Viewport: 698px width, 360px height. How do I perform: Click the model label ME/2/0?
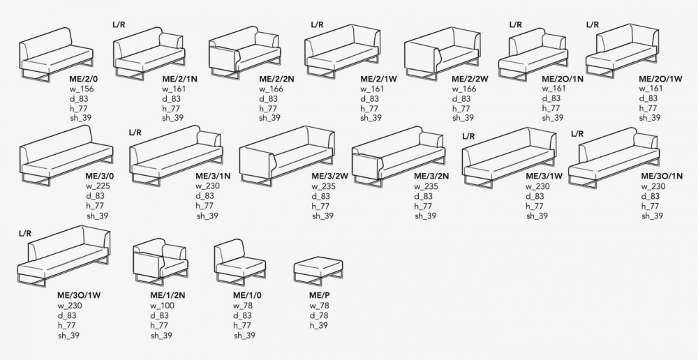[83, 80]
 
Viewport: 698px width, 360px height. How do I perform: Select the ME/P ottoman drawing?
[318, 271]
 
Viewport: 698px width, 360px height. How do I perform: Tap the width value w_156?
[82, 89]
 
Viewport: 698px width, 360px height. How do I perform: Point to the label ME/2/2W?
[470, 80]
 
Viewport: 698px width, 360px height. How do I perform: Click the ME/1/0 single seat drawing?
[240, 262]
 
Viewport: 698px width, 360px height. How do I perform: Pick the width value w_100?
[163, 306]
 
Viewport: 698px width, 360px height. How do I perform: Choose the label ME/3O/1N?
[662, 177]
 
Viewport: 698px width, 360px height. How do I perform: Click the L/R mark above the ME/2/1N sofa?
[119, 25]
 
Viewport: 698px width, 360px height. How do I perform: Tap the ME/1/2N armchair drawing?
[161, 262]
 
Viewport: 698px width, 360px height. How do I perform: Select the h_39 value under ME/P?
[319, 325]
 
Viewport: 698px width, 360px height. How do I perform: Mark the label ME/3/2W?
[330, 177]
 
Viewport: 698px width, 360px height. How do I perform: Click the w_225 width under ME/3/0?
[98, 186]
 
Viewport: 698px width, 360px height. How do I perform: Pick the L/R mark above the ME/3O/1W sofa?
[25, 234]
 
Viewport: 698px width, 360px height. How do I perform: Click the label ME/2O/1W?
[660, 80]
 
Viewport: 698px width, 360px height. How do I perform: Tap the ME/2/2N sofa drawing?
[245, 52]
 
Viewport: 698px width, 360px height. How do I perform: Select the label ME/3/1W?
[544, 177]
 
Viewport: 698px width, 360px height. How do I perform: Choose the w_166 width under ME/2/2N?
[271, 89]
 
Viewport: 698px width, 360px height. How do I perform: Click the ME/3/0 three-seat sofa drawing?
[66, 156]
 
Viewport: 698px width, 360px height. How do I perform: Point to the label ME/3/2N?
[431, 177]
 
